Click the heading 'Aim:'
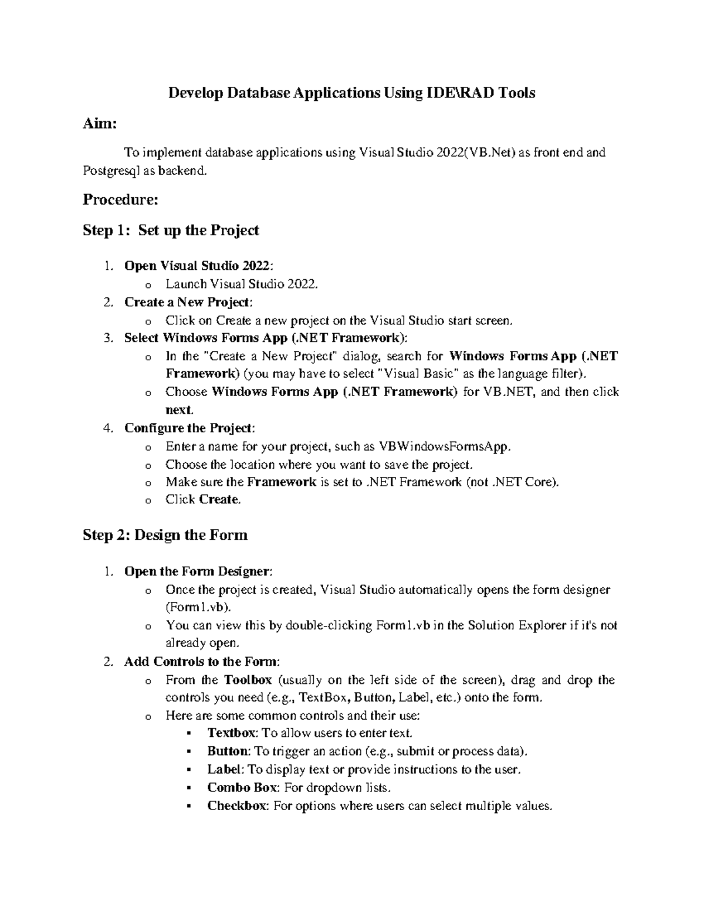pos(100,124)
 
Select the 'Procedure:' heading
pos(120,200)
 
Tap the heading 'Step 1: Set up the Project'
pos(171,231)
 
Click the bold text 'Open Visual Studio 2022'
pos(198,266)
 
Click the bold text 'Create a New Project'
pos(187,302)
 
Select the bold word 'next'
pos(178,409)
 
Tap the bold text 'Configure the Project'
pos(188,428)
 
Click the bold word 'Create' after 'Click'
pos(219,500)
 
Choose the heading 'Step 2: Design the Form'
pos(165,535)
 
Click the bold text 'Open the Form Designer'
pos(197,571)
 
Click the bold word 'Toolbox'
pos(248,680)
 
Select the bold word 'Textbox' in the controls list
pos(231,733)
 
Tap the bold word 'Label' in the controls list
pos(224,769)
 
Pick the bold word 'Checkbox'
pos(236,805)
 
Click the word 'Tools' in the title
pos(517,93)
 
